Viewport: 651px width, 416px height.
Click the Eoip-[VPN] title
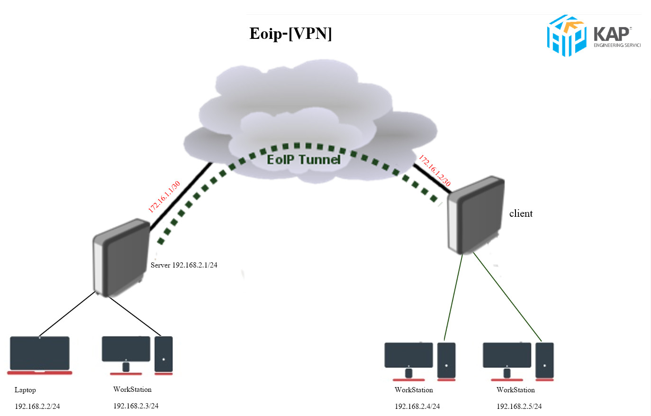coord(290,34)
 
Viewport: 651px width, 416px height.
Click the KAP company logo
coord(593,36)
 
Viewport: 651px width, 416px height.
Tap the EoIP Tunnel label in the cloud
coord(303,160)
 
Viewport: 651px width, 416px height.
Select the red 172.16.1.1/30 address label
coord(164,197)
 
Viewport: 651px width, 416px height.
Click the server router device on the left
coord(121,258)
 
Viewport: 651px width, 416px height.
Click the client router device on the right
coord(476,215)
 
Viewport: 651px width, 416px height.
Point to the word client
coord(521,214)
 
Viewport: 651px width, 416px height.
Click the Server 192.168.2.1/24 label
coord(184,265)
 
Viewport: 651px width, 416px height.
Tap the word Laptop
coord(25,390)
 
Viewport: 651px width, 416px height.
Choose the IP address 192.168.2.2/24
coord(37,407)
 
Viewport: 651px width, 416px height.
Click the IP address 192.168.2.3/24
coord(136,406)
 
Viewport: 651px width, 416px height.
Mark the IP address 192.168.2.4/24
coord(417,407)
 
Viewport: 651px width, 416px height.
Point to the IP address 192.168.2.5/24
coord(519,407)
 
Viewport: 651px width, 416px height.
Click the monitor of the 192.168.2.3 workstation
coord(126,350)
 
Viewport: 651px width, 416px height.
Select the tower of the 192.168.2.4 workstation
coord(446,361)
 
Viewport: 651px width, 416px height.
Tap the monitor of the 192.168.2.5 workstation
coord(507,356)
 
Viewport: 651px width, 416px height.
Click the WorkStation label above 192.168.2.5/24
coord(515,390)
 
